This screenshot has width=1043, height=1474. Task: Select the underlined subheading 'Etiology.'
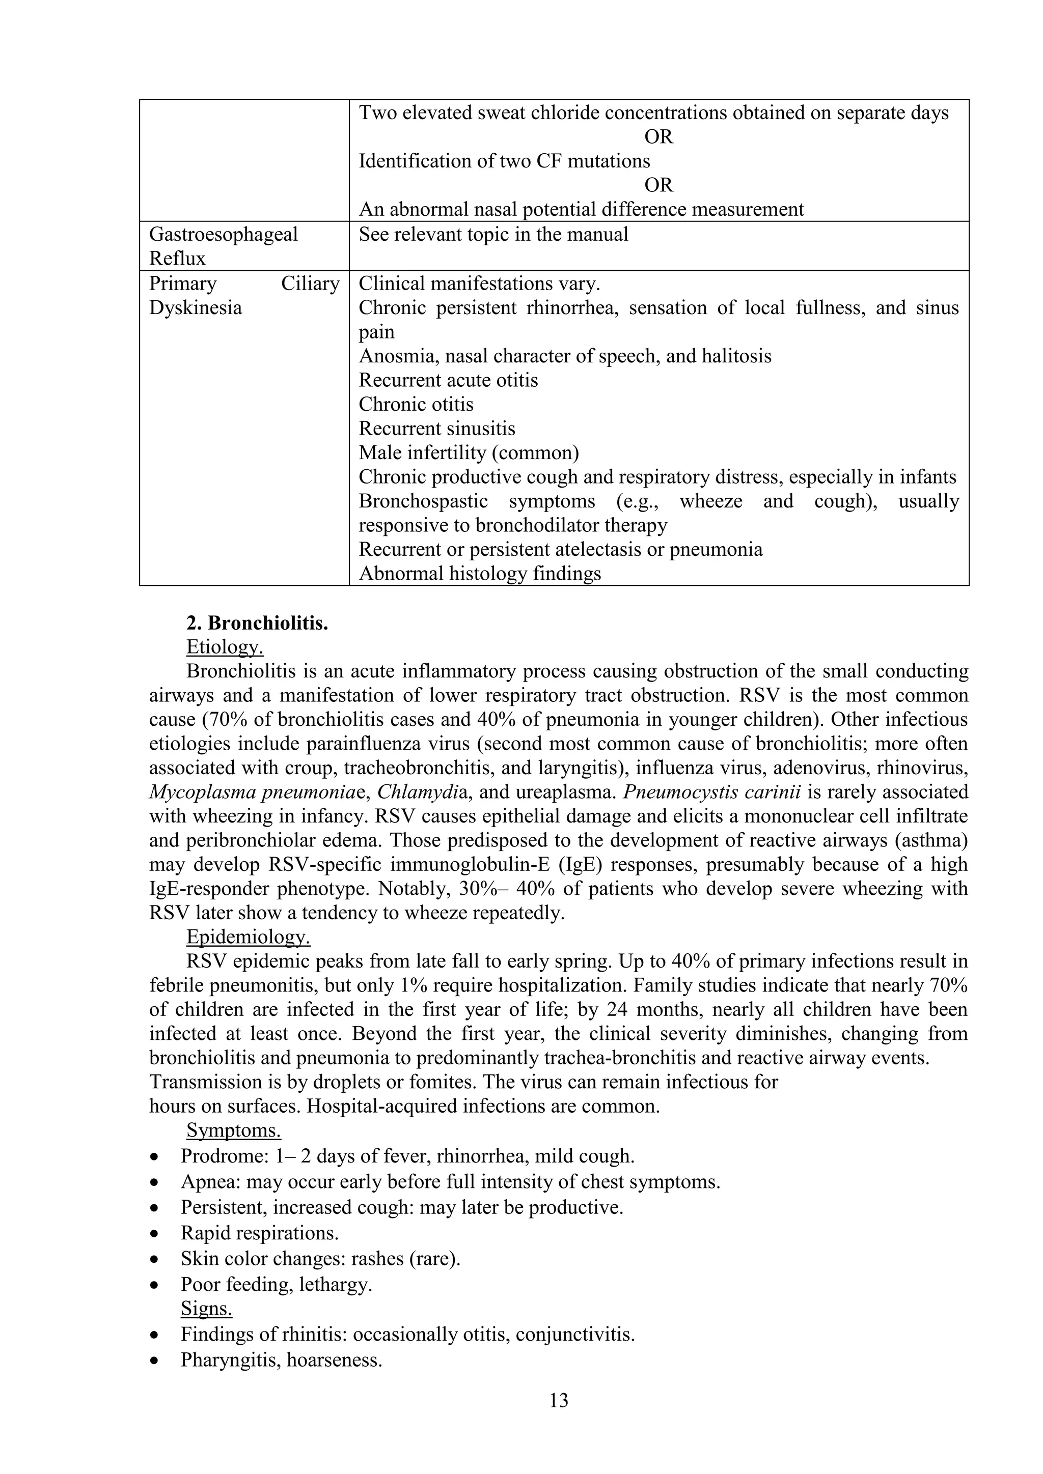[224, 646]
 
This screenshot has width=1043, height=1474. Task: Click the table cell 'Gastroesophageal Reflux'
[224, 246]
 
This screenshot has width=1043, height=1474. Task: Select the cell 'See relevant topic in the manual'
[493, 234]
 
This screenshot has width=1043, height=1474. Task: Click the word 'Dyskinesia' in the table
[195, 308]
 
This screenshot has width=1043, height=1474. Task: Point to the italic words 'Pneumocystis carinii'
[711, 791]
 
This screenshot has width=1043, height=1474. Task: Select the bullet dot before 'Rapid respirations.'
[154, 1234]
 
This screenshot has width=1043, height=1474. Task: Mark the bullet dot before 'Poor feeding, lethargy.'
[154, 1285]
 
